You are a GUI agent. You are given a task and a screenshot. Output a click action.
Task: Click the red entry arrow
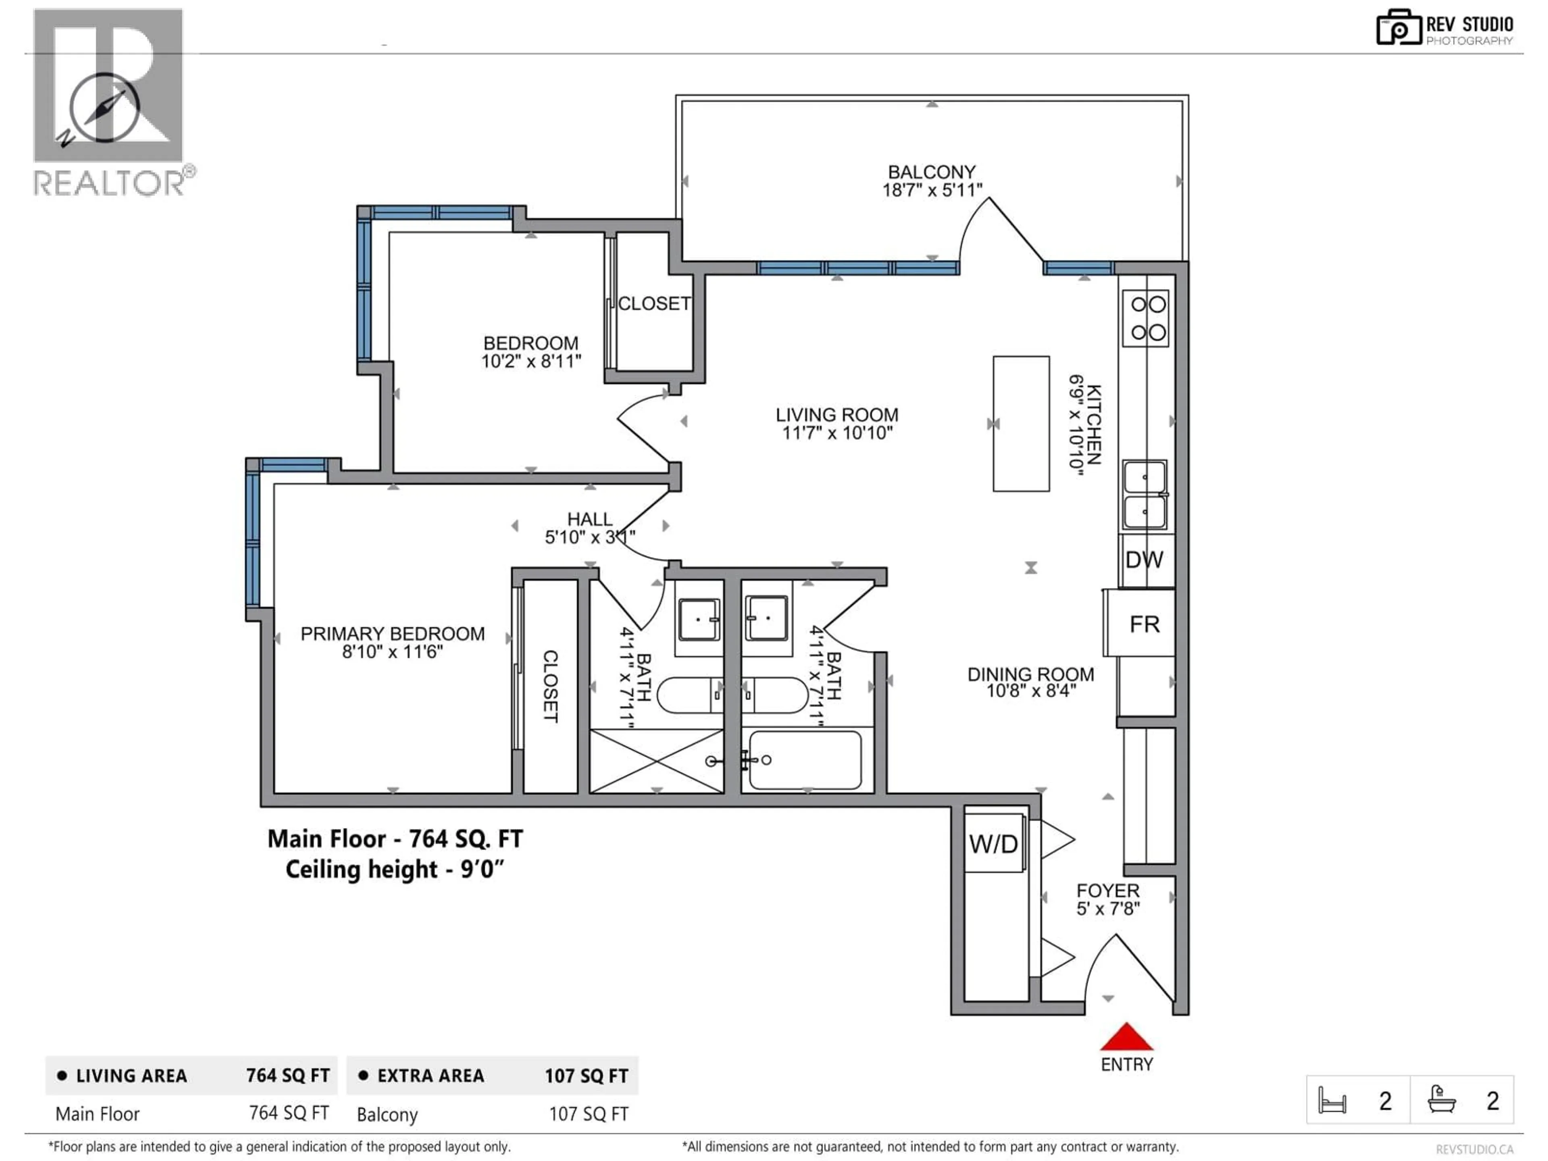[1126, 1038]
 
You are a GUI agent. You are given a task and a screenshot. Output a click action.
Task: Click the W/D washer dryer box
[994, 844]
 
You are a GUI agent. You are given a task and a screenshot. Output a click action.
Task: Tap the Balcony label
[932, 172]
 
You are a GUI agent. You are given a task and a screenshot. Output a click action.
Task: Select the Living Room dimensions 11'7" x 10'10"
[837, 433]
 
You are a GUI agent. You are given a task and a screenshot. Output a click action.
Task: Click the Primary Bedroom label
[393, 634]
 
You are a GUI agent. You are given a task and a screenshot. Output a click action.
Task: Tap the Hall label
[589, 519]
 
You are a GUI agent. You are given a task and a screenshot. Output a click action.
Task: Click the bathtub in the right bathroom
[805, 760]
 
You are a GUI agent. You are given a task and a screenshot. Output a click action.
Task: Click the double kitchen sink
[1145, 495]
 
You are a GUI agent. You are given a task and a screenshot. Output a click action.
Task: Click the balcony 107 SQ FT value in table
[589, 1114]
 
